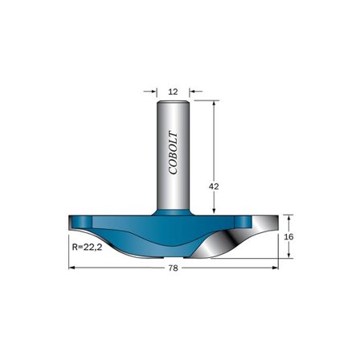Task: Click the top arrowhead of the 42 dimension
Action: pyautogui.click(x=214, y=104)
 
